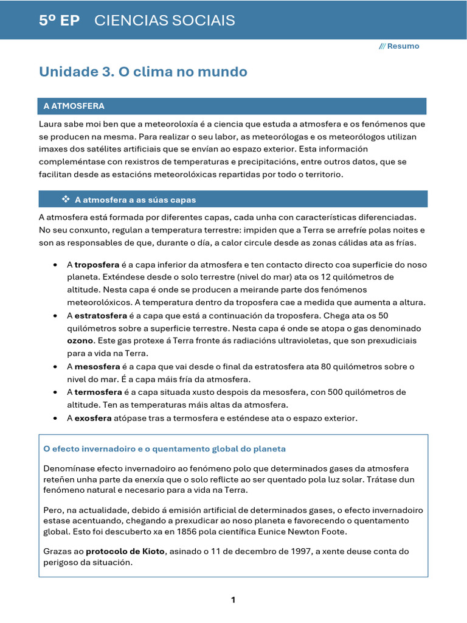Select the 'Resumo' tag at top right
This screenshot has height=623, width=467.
403,46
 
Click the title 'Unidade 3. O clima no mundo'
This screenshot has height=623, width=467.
143,72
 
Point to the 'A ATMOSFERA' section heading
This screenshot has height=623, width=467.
74,106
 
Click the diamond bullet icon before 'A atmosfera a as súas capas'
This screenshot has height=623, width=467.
66,199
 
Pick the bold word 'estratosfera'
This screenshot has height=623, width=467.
100,315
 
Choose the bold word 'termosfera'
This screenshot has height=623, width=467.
98,392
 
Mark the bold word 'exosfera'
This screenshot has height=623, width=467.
93,418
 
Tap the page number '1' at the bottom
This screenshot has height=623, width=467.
233,600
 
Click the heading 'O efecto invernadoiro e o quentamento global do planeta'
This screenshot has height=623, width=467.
164,449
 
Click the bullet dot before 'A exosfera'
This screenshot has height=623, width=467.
55,419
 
